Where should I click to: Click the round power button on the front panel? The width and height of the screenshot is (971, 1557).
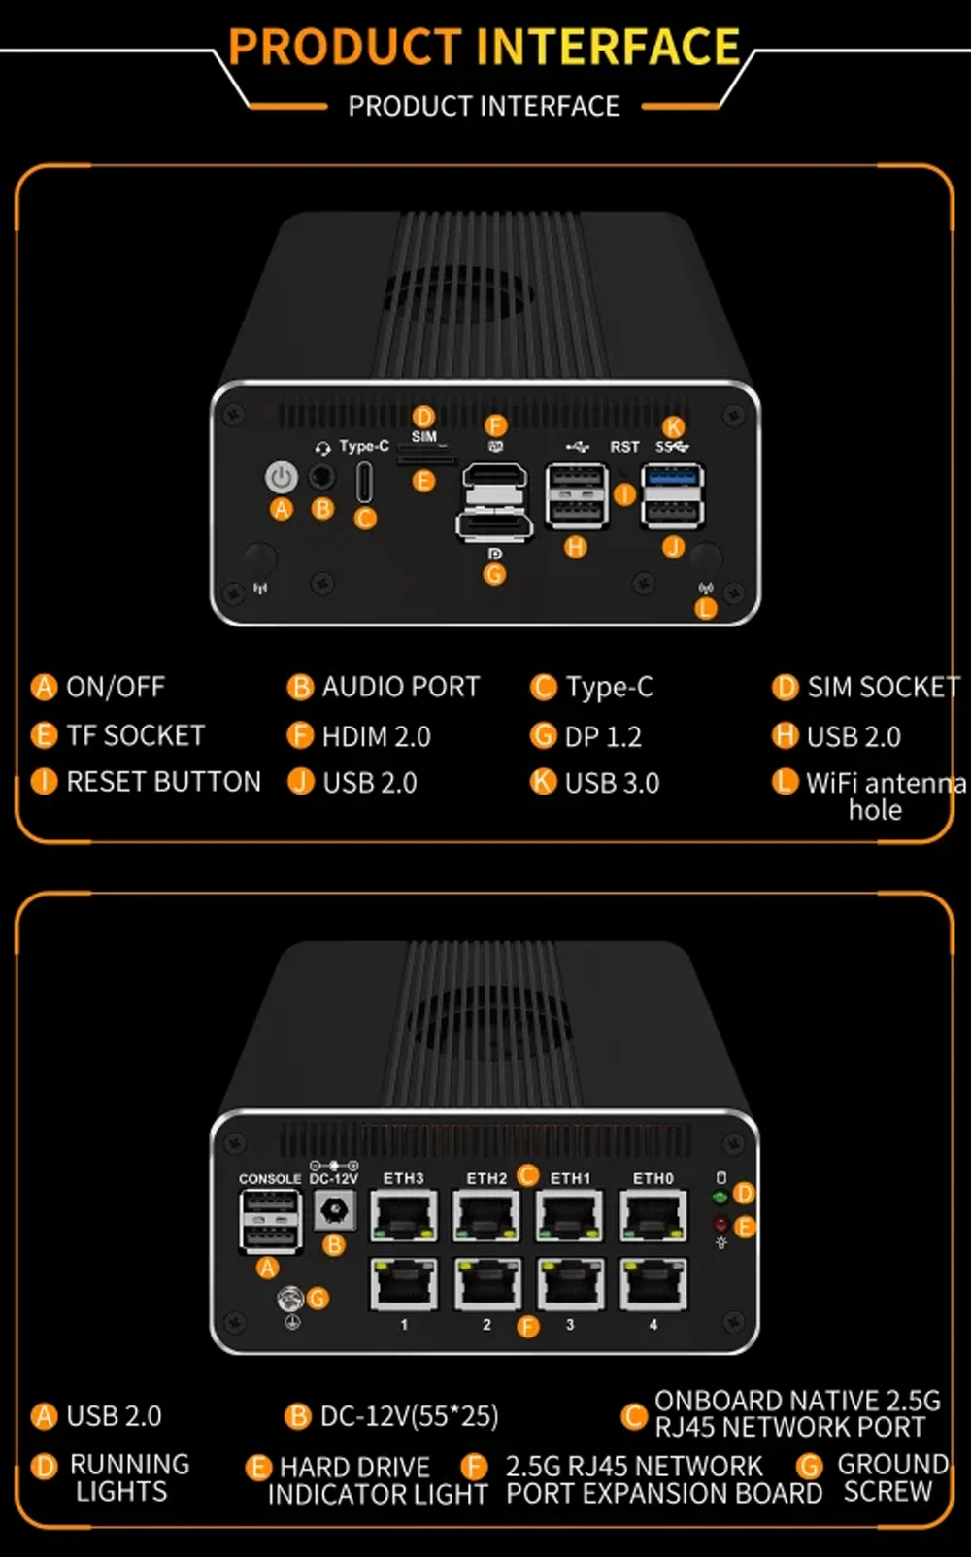[x=282, y=477]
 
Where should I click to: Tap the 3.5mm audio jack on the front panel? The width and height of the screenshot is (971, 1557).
[x=321, y=477]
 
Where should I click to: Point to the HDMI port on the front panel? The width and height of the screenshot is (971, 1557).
[x=494, y=481]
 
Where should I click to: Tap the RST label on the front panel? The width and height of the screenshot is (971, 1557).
[x=624, y=447]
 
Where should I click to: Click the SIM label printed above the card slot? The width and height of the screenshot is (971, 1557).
[x=424, y=437]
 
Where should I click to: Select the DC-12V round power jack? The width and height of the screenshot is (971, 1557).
[x=334, y=1210]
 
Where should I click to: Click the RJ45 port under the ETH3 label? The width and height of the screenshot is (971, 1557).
[x=404, y=1214]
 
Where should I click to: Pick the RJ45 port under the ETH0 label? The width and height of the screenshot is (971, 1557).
[x=653, y=1214]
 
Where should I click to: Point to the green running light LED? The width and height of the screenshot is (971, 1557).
[x=720, y=1198]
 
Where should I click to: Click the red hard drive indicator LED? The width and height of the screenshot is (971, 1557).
[x=720, y=1224]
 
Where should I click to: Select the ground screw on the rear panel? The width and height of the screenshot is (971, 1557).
[x=290, y=1298]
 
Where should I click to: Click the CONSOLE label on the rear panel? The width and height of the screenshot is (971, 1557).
[x=270, y=1179]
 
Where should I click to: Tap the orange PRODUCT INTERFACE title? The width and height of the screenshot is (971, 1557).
[x=485, y=47]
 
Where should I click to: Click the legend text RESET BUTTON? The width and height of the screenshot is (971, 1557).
[x=163, y=782]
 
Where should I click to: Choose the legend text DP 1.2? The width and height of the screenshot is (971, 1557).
[x=603, y=736]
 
